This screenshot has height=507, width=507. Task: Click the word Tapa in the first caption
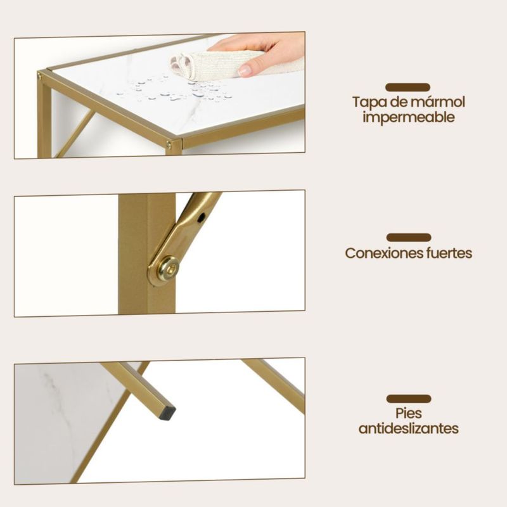click(368, 102)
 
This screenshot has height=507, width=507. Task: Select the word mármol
click(437, 102)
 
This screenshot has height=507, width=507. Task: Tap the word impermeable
click(408, 117)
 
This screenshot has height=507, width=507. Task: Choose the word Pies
click(408, 413)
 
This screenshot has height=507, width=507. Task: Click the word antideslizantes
click(408, 428)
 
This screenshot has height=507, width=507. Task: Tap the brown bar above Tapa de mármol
click(408, 87)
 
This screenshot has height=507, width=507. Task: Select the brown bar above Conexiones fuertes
click(409, 237)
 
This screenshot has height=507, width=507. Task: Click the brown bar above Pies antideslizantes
click(409, 399)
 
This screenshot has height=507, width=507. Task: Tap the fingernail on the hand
click(245, 70)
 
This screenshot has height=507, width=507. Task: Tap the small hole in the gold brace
click(202, 217)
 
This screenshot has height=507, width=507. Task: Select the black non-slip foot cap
click(169, 413)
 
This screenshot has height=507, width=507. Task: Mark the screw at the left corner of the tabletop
click(40, 77)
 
